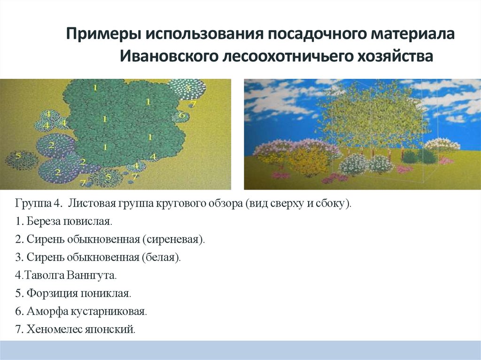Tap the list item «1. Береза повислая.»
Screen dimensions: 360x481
click(63, 221)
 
